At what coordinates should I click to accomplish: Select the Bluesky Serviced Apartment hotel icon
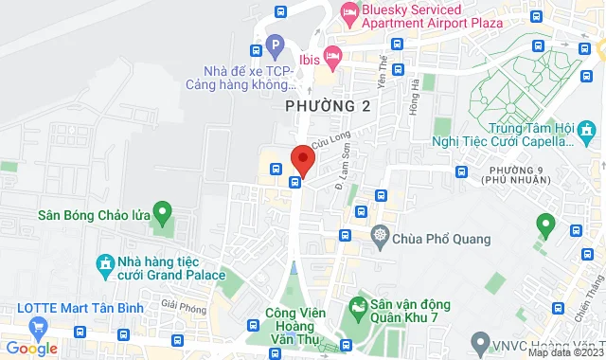click(x=348, y=12)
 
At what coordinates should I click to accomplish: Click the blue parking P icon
click(x=275, y=44)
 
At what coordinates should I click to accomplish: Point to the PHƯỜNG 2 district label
click(x=329, y=107)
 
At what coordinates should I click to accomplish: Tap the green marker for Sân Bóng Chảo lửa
click(x=162, y=212)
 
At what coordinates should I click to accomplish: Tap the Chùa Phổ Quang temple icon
click(x=380, y=234)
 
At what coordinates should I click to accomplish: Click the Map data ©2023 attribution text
click(x=565, y=352)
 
